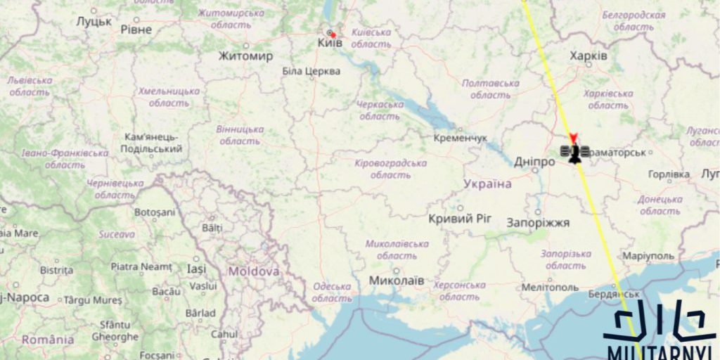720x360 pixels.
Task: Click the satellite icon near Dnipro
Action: pos(574,153)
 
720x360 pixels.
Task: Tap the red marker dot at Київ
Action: pos(333,34)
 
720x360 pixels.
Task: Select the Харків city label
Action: pos(589,56)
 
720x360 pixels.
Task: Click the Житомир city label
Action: pos(245,56)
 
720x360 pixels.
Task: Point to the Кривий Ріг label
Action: pos(461,219)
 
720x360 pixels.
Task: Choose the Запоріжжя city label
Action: pos(538,223)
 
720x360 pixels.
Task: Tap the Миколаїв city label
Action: pos(397,281)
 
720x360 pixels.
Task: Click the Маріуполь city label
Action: pos(648,256)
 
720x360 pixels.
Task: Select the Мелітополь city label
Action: pos(551,288)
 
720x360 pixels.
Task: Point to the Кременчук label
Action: pos(461,138)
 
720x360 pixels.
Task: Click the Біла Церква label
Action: pos(311,71)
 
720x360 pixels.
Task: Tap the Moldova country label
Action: pos(253,271)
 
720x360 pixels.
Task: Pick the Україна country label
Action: pos(488,184)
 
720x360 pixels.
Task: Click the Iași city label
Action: pos(196,269)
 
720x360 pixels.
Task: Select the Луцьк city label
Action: pos(94,22)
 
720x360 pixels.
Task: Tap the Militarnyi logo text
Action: pos(660,352)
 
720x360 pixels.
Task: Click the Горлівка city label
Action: pos(669,174)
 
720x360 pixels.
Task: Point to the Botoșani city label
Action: pos(154,212)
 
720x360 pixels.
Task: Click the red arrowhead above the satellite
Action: pos(574,138)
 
